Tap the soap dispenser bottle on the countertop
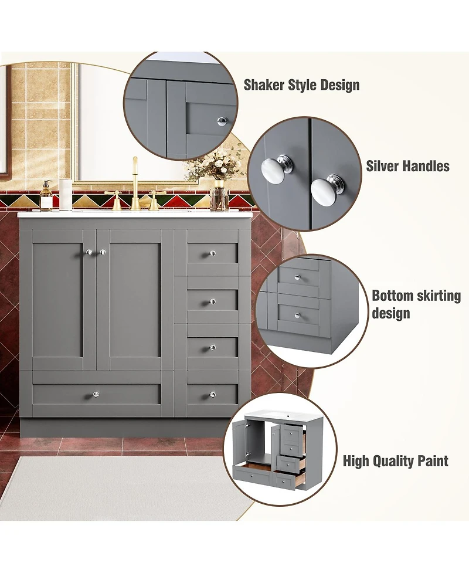(x=46, y=196)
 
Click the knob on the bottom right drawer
(x=212, y=394)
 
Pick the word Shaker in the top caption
(x=264, y=84)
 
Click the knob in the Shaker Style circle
(x=221, y=121)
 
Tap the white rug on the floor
(x=117, y=487)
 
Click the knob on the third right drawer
(x=212, y=348)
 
